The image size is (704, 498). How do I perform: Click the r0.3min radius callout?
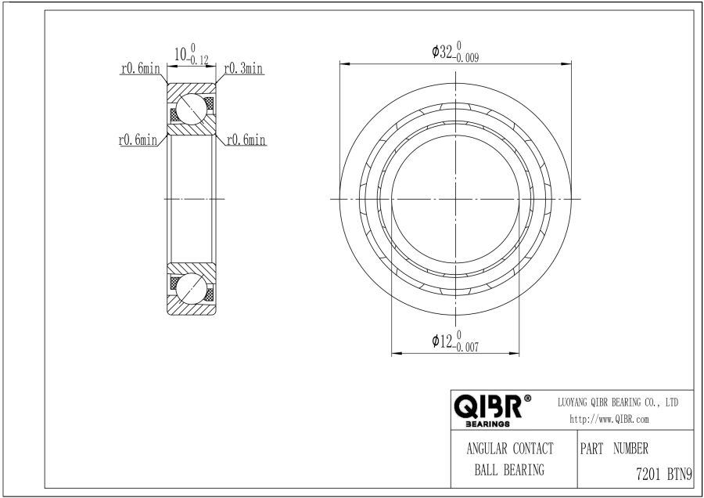243,69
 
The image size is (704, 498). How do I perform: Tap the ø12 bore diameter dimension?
455,341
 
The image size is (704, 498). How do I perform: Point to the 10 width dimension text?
180,55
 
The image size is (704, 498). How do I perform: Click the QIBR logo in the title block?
488,406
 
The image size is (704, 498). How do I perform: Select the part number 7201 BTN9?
664,475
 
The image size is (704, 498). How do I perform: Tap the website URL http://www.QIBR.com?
609,420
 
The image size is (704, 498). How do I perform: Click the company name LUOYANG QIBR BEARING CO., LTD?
618,402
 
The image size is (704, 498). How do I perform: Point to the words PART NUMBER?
614,448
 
